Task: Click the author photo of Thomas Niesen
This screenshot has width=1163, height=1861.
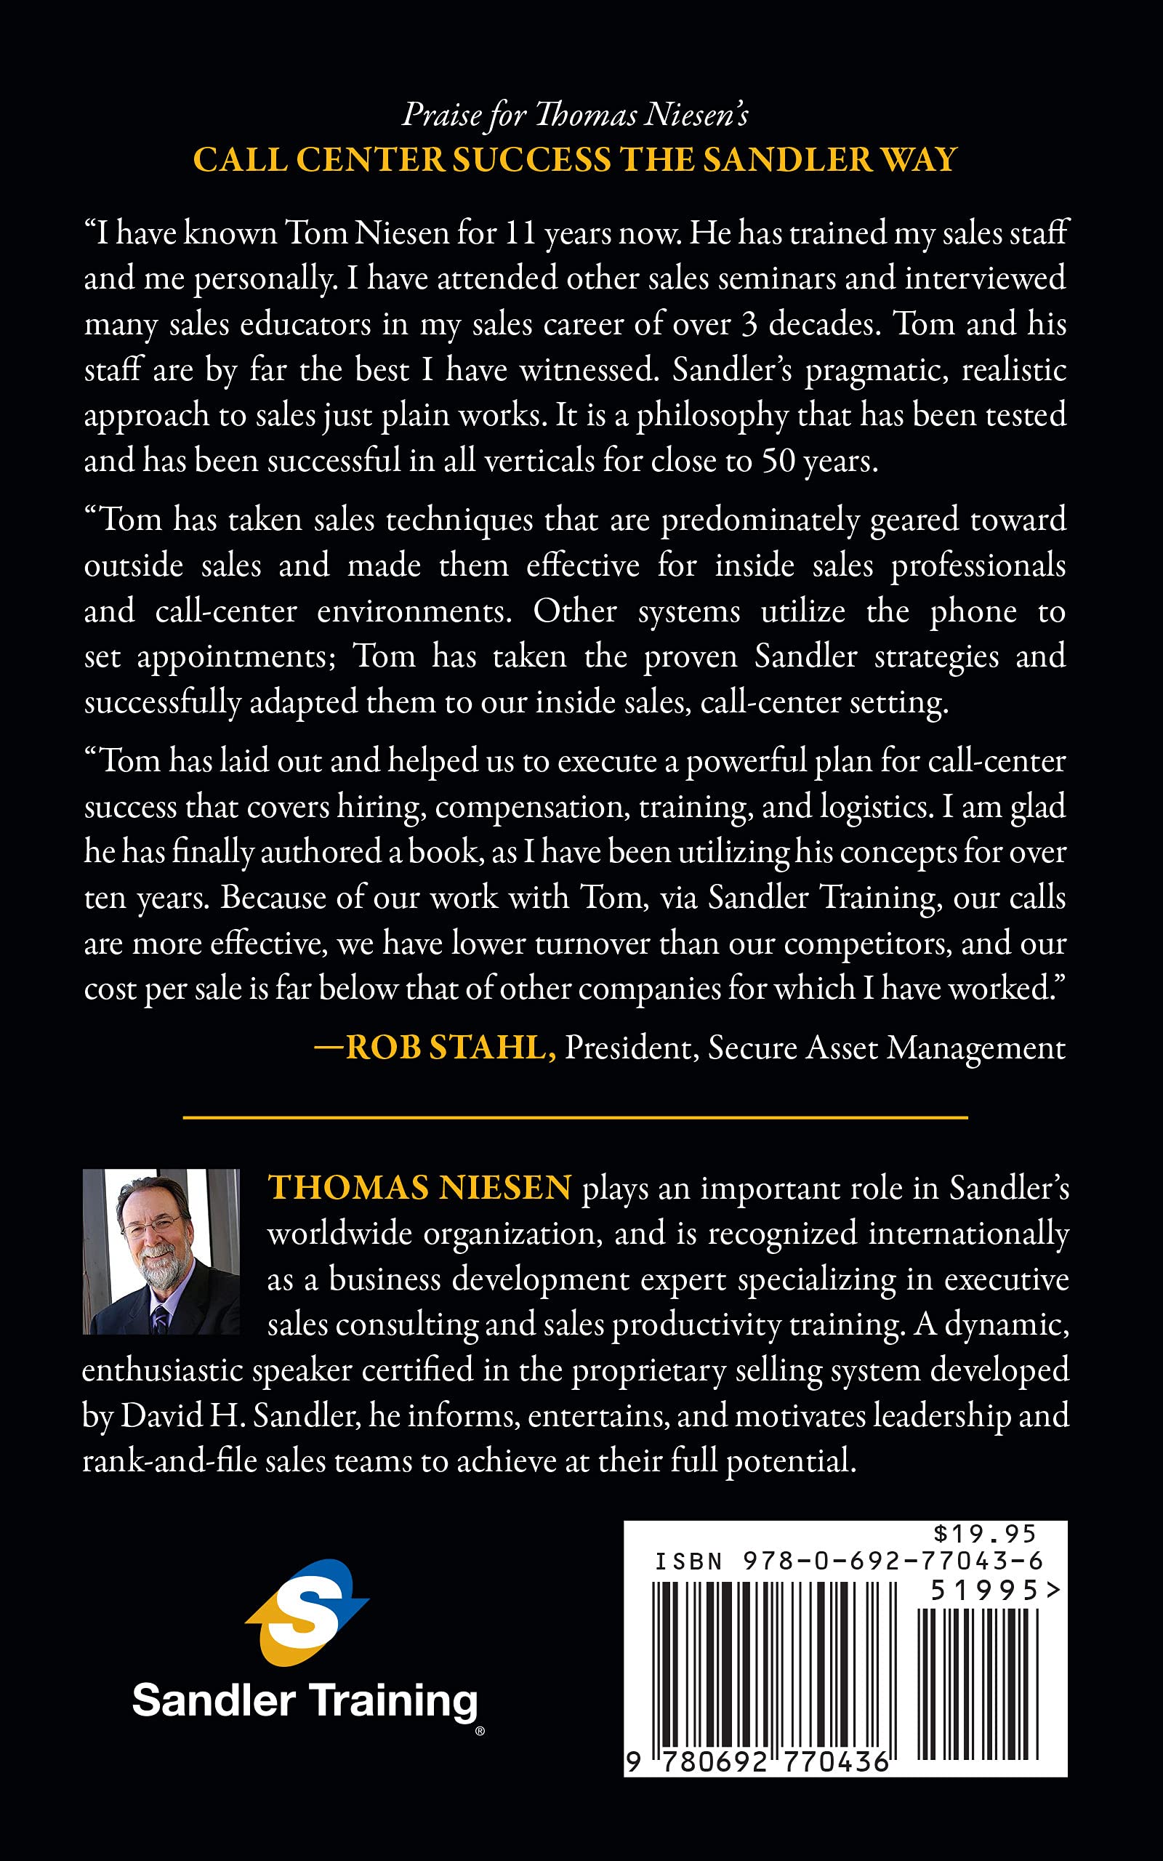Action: pyautogui.click(x=161, y=1251)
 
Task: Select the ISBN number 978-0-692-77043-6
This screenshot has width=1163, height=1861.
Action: pyautogui.click(x=893, y=1561)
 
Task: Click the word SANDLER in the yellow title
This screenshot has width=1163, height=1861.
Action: pyautogui.click(x=786, y=159)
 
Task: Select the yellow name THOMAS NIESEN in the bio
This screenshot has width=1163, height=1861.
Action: pyautogui.click(x=419, y=1187)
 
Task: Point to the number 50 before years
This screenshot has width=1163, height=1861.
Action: pyautogui.click(x=778, y=460)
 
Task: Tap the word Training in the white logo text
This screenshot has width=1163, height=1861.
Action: pyautogui.click(x=393, y=1700)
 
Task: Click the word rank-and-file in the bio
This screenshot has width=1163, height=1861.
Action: pyautogui.click(x=169, y=1460)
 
